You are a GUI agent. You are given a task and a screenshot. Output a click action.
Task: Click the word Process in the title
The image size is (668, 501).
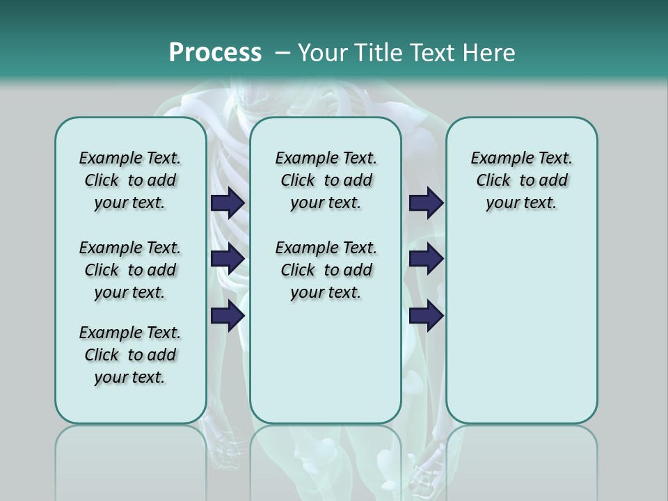pos(215,53)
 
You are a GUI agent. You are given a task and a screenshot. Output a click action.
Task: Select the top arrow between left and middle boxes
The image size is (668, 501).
pos(228,202)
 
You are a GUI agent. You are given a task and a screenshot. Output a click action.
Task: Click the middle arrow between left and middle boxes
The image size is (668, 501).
pos(228,259)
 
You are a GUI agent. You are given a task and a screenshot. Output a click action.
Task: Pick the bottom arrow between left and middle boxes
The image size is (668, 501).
pos(228,315)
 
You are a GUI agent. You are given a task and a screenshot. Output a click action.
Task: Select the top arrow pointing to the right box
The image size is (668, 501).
pos(426,202)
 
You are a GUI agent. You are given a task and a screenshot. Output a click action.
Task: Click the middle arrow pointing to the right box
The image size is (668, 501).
pos(426,259)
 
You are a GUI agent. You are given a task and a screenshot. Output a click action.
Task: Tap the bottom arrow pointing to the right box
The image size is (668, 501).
pos(426,315)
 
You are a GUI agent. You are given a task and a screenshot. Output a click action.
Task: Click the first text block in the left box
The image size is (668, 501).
pos(130,180)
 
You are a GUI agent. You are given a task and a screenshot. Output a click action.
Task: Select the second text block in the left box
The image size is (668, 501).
pos(130,270)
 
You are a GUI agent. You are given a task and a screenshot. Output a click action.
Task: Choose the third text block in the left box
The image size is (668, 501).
pos(130,355)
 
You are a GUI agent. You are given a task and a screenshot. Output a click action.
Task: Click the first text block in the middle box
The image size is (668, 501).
pos(326,180)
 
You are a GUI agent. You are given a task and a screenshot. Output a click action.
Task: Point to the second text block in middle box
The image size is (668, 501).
pos(326,270)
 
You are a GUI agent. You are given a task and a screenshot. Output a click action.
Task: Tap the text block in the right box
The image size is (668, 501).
pos(522,180)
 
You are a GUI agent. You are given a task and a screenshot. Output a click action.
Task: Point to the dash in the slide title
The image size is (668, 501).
pos(283,53)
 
